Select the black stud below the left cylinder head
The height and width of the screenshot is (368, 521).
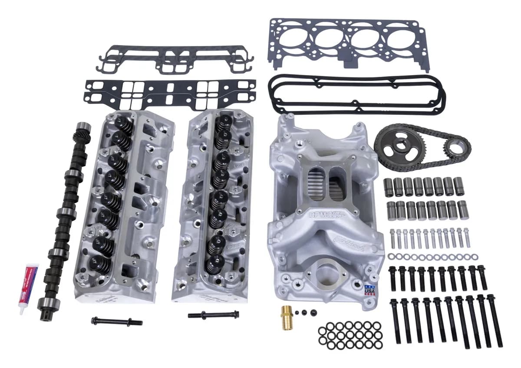(117, 321)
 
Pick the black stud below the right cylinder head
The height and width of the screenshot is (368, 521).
(213, 314)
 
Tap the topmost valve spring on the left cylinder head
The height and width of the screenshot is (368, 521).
(123, 124)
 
